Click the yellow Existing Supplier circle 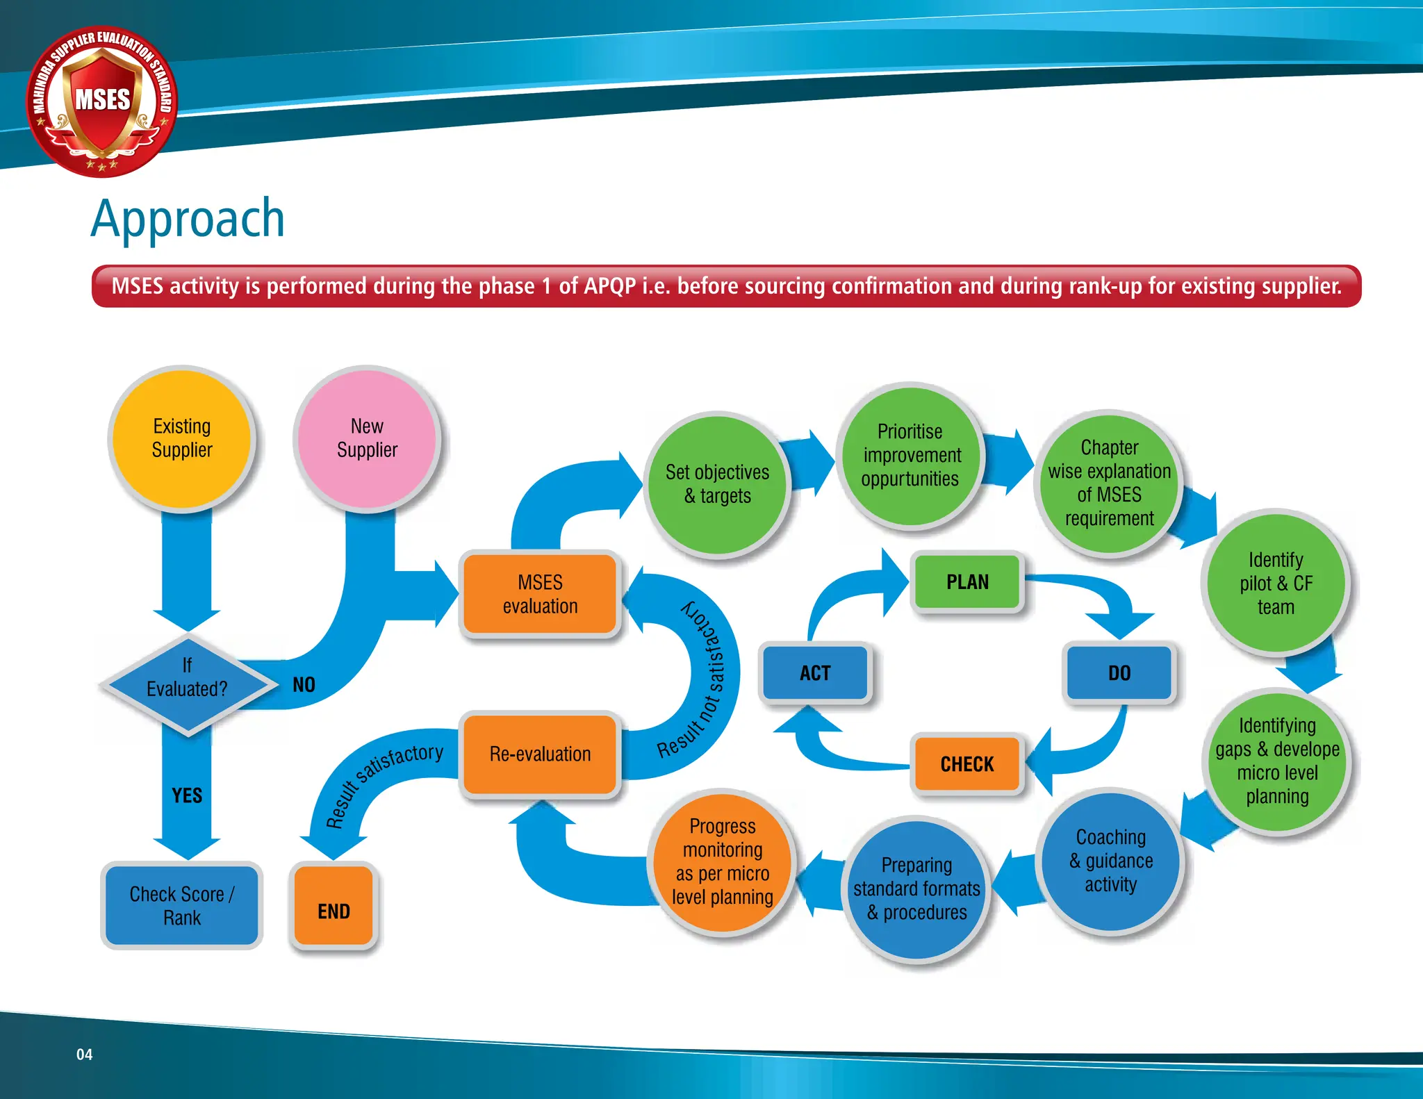click(x=182, y=438)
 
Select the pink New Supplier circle click(x=367, y=438)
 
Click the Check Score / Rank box click(x=181, y=905)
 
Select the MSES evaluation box click(x=540, y=594)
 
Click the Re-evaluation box click(x=540, y=754)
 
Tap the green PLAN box click(x=967, y=581)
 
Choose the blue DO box click(x=1119, y=672)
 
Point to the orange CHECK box click(x=967, y=763)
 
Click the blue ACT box click(x=815, y=672)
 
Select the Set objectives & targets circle click(x=717, y=484)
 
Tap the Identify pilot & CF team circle click(x=1276, y=583)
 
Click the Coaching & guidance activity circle click(x=1110, y=861)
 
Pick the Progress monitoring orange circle click(x=723, y=861)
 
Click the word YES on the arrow click(x=187, y=795)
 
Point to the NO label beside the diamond click(x=304, y=685)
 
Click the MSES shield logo click(x=102, y=101)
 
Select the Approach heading click(x=188, y=219)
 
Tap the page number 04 click(x=84, y=1055)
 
